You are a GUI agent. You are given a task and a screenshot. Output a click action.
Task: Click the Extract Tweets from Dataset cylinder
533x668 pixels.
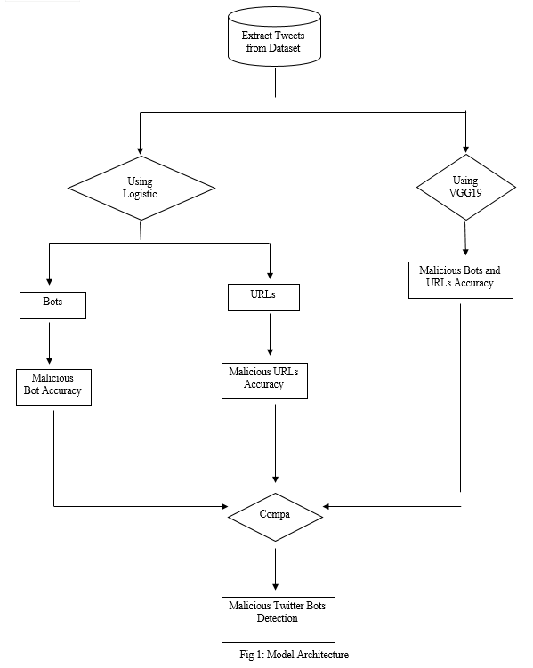274,37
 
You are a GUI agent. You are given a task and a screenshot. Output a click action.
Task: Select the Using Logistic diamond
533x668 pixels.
141,188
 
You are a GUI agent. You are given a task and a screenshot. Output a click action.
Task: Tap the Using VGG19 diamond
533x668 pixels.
466,187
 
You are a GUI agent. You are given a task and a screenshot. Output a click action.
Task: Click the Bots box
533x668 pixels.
52,305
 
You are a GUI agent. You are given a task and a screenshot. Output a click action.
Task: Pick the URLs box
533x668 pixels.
263,297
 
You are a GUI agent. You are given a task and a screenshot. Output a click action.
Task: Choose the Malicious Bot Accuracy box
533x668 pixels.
53,387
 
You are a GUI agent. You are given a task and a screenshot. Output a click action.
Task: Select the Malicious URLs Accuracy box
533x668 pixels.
264,381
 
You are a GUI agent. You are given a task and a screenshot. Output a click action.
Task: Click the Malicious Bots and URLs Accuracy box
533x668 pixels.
461,280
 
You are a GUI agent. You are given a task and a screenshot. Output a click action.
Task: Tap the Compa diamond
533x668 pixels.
275,517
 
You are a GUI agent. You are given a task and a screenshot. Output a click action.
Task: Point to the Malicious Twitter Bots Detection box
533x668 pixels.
279,620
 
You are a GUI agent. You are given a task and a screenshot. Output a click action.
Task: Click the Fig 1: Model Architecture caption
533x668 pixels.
294,655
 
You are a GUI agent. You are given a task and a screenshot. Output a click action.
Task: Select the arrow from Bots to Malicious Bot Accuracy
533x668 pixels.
50,343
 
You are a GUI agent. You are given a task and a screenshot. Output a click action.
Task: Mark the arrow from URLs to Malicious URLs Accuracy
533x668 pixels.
271,334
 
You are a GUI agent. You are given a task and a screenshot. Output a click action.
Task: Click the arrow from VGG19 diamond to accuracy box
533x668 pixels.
465,238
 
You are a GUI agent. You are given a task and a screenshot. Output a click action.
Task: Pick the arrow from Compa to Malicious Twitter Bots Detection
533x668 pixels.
275,569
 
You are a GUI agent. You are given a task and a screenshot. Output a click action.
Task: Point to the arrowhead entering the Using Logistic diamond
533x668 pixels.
141,151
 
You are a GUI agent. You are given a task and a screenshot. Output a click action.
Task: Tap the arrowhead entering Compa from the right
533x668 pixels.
327,506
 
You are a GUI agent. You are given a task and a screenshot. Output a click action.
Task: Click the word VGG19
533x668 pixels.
465,193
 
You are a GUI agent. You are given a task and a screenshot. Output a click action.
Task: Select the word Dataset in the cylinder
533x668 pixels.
284,48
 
